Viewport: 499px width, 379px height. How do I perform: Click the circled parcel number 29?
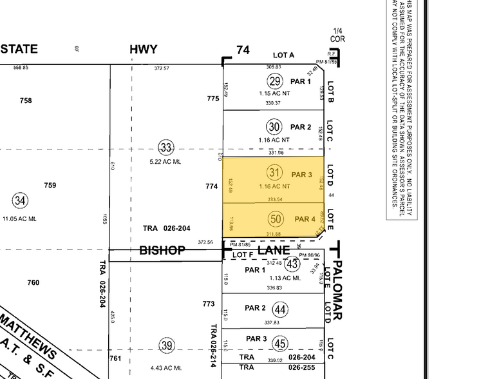coord(275,81)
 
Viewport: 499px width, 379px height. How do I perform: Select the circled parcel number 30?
coord(275,127)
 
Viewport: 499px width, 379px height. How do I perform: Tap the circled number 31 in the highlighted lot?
coord(275,173)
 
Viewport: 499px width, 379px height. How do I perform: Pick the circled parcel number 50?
coord(276,219)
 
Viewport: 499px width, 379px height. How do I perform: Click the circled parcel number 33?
coord(167,148)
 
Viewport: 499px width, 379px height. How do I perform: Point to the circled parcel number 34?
coord(21,201)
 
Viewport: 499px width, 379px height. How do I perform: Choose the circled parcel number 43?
coord(292,264)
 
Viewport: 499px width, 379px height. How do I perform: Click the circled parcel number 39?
coord(167,346)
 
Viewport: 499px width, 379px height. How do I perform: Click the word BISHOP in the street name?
coord(162,250)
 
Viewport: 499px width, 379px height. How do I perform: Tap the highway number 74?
coord(243,50)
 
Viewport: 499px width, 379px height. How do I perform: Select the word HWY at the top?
coord(143,50)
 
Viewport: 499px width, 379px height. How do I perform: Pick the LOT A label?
coord(283,55)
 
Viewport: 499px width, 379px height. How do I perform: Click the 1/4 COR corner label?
coord(337,35)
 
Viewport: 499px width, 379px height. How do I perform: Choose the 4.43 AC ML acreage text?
coord(166,368)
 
